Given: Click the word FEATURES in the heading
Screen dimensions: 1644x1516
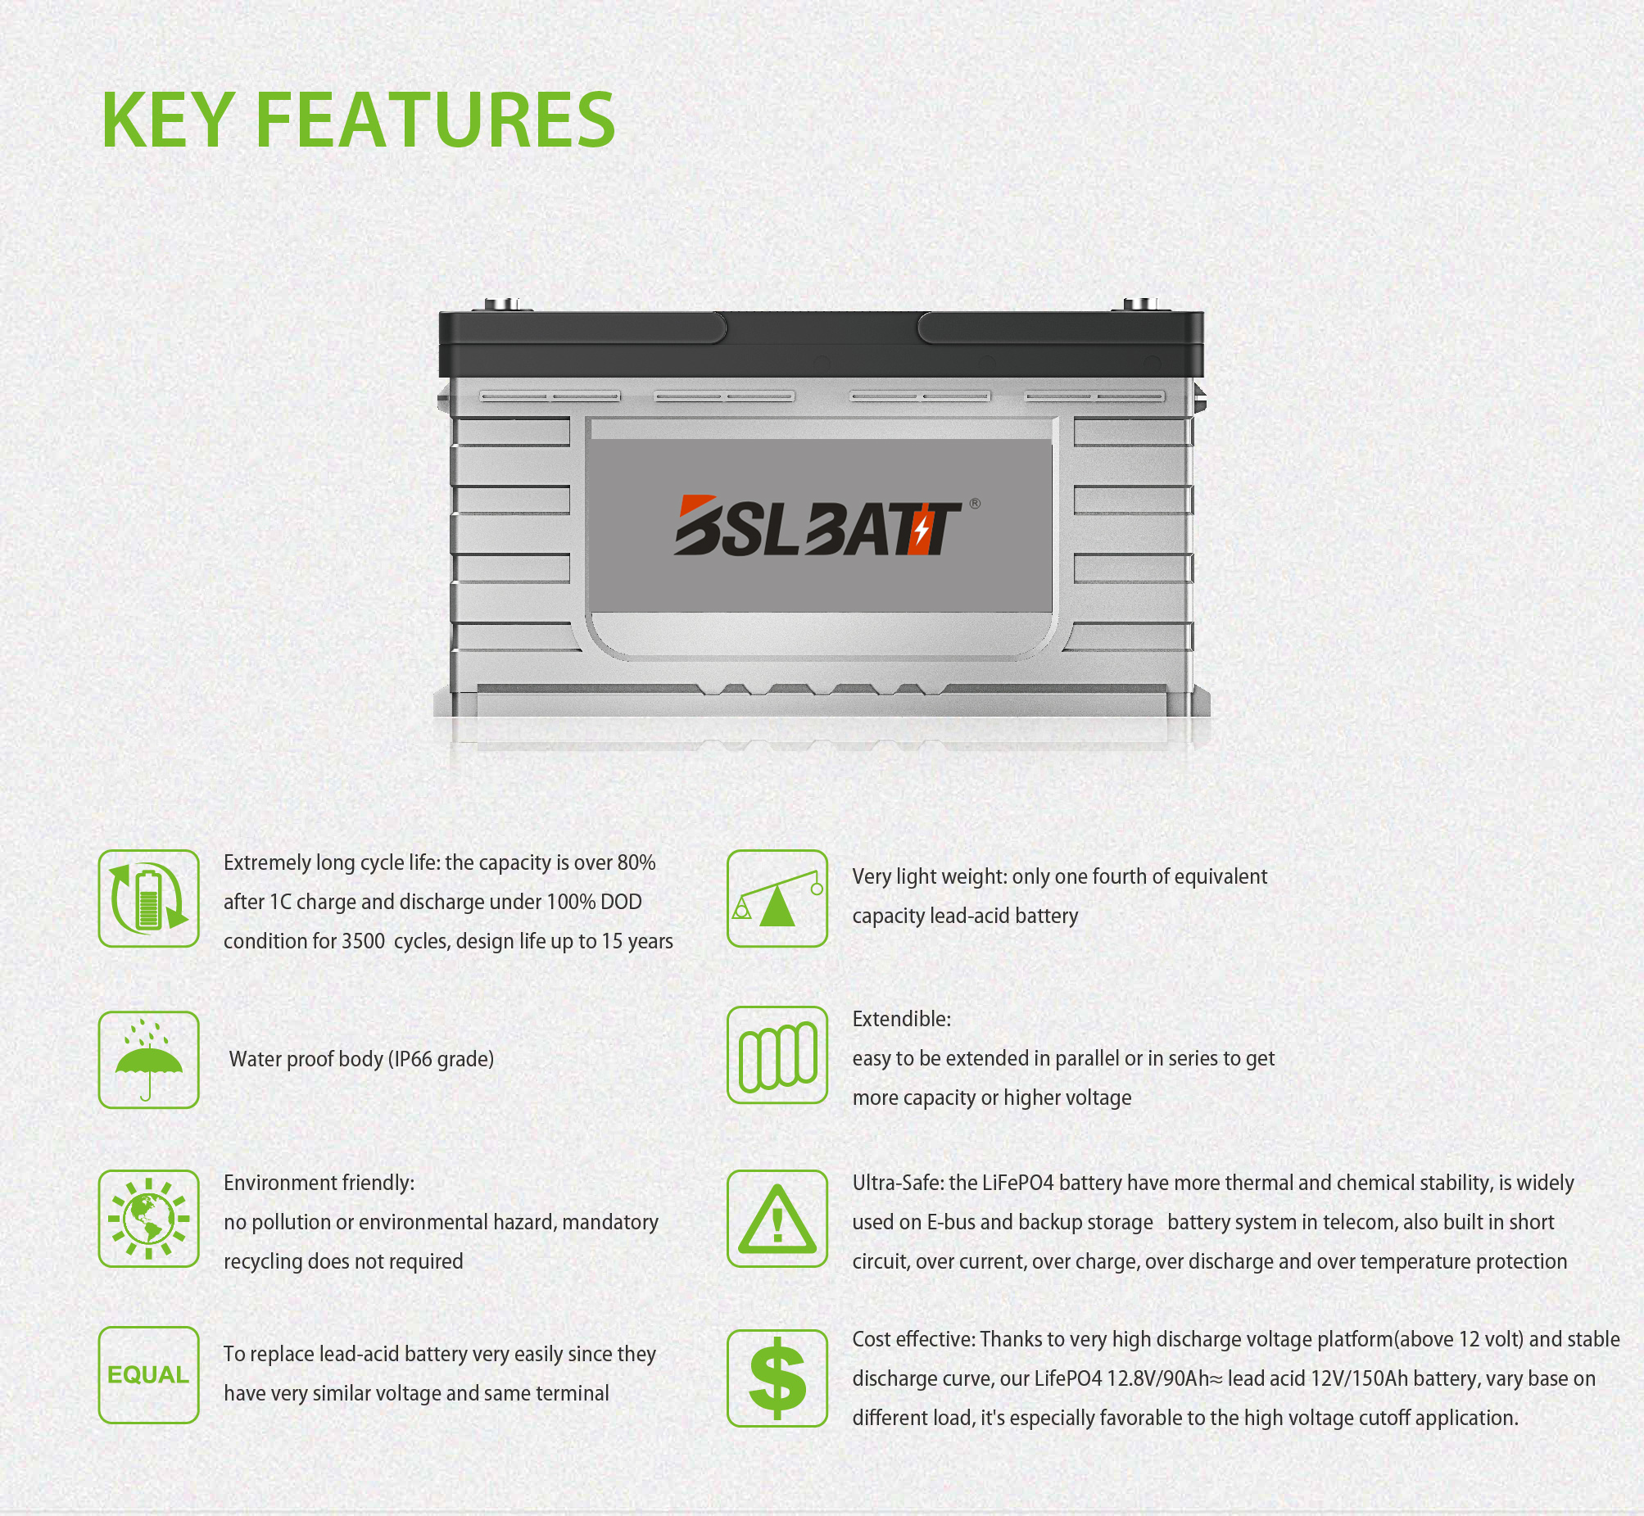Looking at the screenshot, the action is click(x=436, y=120).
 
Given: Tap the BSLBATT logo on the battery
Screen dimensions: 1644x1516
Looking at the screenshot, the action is click(x=817, y=525).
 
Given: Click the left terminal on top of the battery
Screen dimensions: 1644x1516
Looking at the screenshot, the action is click(x=502, y=305).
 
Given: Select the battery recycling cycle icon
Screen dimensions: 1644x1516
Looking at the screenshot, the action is click(x=148, y=898).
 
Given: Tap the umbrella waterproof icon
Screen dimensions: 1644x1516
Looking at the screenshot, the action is click(x=148, y=1060).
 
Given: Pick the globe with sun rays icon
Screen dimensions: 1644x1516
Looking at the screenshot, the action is click(x=148, y=1218).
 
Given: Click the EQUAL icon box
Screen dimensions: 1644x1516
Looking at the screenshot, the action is click(x=148, y=1375).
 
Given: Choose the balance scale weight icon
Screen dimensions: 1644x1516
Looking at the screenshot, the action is click(x=777, y=898).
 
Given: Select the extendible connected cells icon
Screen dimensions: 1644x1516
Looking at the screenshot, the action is click(x=777, y=1055).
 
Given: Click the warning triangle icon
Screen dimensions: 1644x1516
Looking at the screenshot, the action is click(x=777, y=1218).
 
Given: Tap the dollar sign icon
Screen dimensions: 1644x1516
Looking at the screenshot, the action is click(x=777, y=1378).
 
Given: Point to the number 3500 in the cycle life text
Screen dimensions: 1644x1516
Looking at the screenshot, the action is click(x=364, y=941).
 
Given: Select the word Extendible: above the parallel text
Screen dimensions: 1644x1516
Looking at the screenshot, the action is click(x=902, y=1019).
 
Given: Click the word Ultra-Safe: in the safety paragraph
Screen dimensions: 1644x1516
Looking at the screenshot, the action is click(x=898, y=1183).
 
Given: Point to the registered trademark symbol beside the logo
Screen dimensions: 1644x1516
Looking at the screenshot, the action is click(x=975, y=503).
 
